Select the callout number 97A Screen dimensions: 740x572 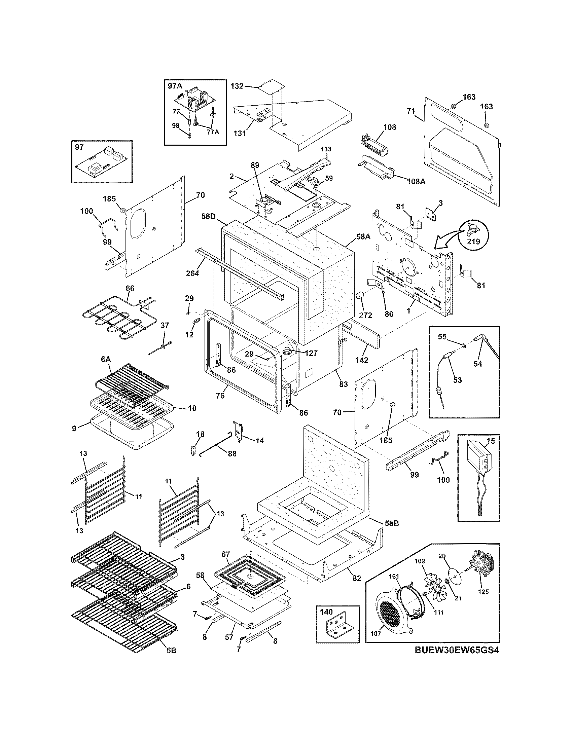tap(175, 86)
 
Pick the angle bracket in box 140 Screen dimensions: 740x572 tap(337, 628)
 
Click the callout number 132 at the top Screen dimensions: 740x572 tap(237, 86)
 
